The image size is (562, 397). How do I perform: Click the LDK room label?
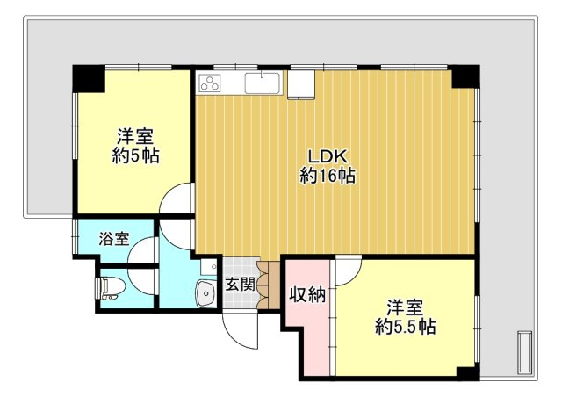click(328, 156)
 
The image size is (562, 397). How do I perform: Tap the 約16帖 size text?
click(328, 176)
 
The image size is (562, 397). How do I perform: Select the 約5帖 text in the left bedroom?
click(136, 155)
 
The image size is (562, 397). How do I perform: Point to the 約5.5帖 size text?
click(406, 327)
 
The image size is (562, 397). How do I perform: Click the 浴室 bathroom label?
click(114, 239)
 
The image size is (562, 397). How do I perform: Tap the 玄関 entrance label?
click(240, 285)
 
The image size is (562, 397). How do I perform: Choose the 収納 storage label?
click(308, 295)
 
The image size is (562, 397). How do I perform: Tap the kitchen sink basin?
click(263, 83)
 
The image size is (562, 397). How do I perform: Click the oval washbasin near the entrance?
click(205, 293)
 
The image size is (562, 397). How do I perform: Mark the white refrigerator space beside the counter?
click(301, 84)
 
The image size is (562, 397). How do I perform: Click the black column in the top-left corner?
click(89, 78)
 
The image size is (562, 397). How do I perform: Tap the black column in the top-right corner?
click(465, 76)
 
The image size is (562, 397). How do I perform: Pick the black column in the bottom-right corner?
click(468, 374)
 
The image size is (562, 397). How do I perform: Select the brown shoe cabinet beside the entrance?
click(268, 285)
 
